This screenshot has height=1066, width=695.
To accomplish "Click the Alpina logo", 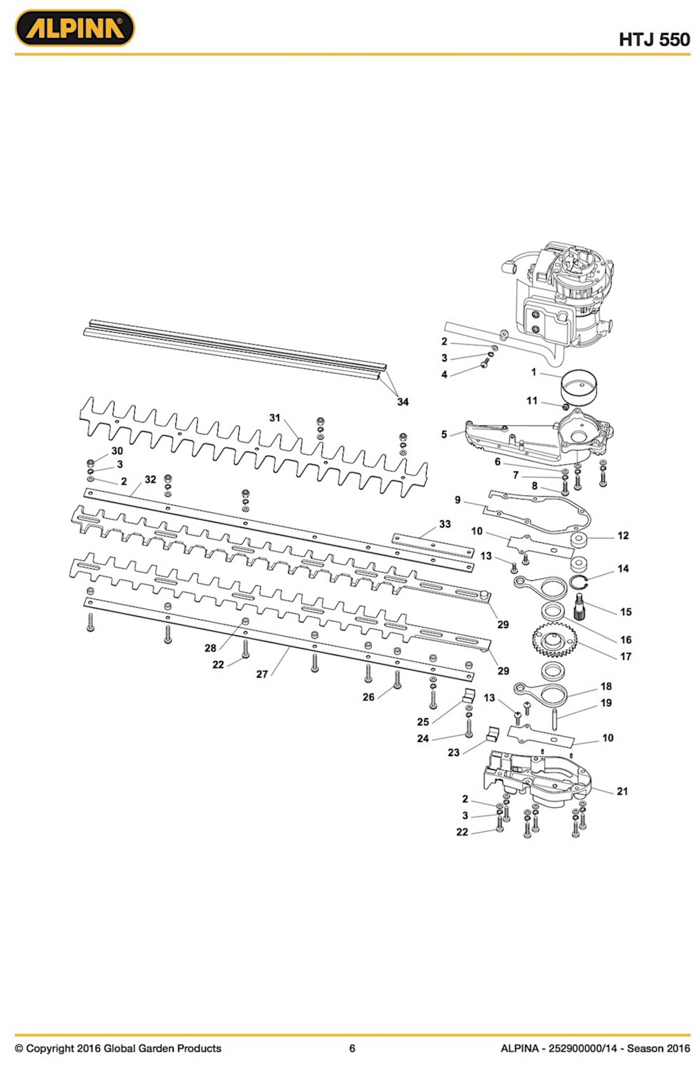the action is click(74, 28).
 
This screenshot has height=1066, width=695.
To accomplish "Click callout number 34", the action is click(399, 398).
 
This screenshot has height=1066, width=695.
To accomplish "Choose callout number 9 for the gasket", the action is click(453, 495).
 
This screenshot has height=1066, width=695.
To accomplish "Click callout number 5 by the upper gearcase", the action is click(440, 430).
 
